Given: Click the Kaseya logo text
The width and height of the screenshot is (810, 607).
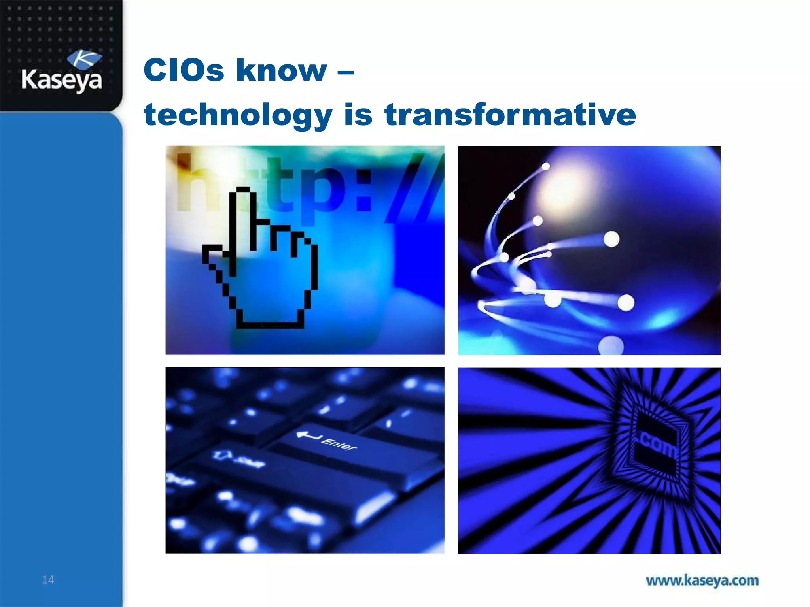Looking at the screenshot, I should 62,80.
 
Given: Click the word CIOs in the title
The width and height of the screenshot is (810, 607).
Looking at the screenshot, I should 184,70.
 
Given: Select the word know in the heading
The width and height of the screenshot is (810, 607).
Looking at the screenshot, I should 282,70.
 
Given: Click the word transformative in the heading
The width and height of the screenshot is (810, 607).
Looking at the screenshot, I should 510,115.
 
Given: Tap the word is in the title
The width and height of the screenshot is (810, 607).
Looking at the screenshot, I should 358,115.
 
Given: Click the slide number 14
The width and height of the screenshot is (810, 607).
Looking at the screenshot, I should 48,580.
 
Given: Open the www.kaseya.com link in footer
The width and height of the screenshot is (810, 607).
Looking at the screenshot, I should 702,581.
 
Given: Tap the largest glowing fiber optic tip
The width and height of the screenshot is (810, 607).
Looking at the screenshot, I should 626,303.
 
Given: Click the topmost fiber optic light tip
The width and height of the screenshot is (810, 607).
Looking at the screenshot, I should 546,166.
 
